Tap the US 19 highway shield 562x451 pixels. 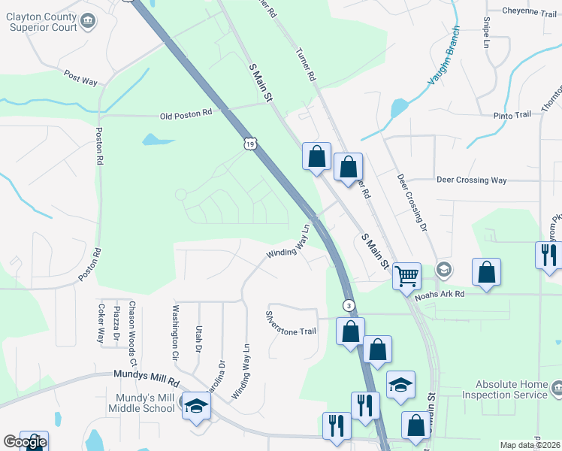pos(251,142)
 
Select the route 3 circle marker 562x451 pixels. pos(349,304)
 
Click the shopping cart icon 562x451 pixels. pos(406,276)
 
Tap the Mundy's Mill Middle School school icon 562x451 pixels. pos(197,406)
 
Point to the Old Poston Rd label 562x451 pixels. pos(186,115)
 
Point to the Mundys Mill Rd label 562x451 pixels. pos(147,375)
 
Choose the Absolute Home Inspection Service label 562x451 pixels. pos(504,390)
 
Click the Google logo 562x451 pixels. pos(24,442)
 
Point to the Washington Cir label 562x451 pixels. pos(174,331)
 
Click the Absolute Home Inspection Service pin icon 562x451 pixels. pos(556,388)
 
